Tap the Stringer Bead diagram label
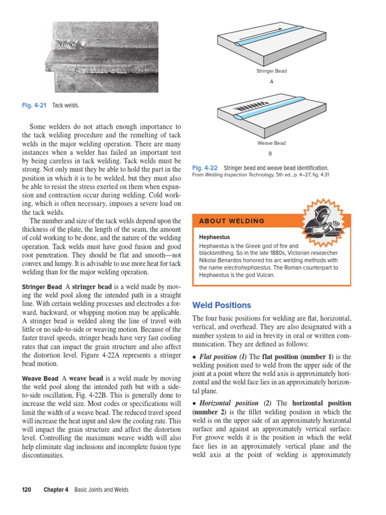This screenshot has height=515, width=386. pos(271,71)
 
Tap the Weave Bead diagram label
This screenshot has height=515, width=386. pos(271,143)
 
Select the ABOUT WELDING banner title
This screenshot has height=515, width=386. pos(232,221)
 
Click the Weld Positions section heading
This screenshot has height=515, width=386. pos(222,305)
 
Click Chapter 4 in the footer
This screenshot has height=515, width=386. pos(55,490)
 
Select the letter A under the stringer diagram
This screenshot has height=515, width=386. pos(271,81)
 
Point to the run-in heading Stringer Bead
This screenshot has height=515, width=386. pos(42,287)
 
